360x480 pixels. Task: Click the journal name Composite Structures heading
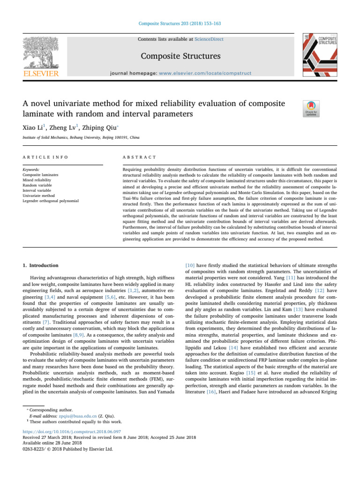[180, 57]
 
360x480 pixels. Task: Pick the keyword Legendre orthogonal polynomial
[52, 200]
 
